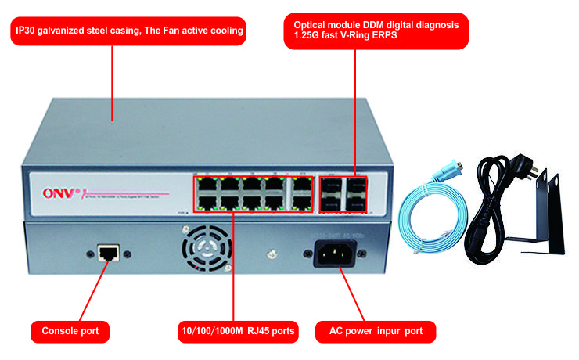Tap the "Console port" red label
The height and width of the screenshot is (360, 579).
pyautogui.click(x=70, y=332)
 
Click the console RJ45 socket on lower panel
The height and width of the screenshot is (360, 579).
pyautogui.click(x=107, y=252)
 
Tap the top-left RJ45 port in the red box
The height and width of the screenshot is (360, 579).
pyautogui.click(x=207, y=185)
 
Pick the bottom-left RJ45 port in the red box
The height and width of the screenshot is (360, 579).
pyautogui.click(x=207, y=203)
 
